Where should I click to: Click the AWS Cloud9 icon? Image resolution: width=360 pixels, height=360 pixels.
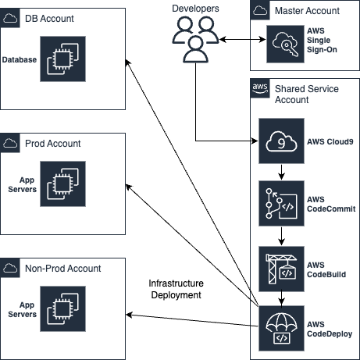(x=281, y=141)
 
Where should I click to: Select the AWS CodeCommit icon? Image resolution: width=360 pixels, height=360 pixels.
(x=281, y=203)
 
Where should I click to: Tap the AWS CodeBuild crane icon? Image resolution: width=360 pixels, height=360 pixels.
(x=281, y=269)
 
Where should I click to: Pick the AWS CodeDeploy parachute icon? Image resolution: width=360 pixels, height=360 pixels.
(x=281, y=328)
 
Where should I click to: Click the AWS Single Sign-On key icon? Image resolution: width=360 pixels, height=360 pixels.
(x=285, y=44)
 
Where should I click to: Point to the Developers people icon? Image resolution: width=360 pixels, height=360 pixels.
(x=195, y=39)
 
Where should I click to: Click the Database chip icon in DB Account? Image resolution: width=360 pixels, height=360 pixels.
(x=62, y=59)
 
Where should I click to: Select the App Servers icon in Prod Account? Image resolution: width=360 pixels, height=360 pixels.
(x=62, y=184)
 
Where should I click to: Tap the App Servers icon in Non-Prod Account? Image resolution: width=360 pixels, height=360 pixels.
(x=62, y=308)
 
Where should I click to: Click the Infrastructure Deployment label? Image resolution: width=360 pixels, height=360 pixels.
(x=176, y=289)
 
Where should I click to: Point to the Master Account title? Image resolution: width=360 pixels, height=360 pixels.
(x=307, y=11)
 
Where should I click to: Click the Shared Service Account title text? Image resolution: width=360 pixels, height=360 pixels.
(x=307, y=94)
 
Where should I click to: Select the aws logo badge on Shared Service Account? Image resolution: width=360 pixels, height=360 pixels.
(x=260, y=88)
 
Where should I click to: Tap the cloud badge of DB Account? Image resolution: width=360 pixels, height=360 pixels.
(x=10, y=18)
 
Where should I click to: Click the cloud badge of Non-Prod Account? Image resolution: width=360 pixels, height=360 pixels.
(x=10, y=268)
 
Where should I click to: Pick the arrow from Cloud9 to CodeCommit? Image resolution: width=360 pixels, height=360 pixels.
(x=281, y=172)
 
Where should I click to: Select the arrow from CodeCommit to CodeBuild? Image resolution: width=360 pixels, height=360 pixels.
(x=281, y=236)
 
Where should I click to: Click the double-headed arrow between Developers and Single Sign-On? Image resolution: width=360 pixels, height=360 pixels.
(x=243, y=40)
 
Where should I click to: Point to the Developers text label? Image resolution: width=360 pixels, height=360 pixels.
(x=195, y=9)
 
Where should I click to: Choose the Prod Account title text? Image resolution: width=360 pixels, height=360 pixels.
(x=53, y=144)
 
